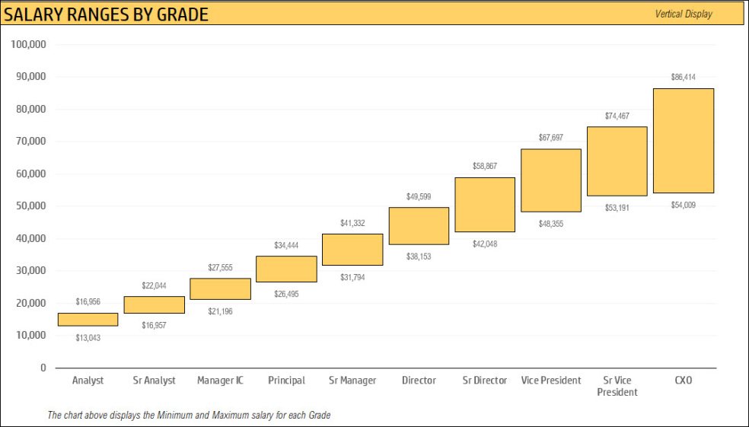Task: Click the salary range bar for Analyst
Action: tap(88, 320)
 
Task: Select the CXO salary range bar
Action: tap(683, 141)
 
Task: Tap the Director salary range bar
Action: tap(419, 226)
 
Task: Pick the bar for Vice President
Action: tap(551, 180)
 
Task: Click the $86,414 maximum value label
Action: tap(683, 78)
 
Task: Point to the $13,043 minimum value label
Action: tap(88, 338)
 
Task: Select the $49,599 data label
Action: tap(419, 196)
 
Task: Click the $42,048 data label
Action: tap(485, 244)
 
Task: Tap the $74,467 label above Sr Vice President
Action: tap(617, 116)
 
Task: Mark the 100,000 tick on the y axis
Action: tap(30, 44)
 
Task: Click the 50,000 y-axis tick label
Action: tap(30, 206)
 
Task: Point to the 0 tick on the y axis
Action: tap(43, 368)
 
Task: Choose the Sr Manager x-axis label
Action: tap(352, 381)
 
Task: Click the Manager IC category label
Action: tap(220, 381)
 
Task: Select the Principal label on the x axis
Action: tap(286, 381)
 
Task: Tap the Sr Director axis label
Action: tap(485, 381)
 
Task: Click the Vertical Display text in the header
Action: tap(684, 14)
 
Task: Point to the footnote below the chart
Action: tap(189, 415)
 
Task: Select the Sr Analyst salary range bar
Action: tap(154, 304)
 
